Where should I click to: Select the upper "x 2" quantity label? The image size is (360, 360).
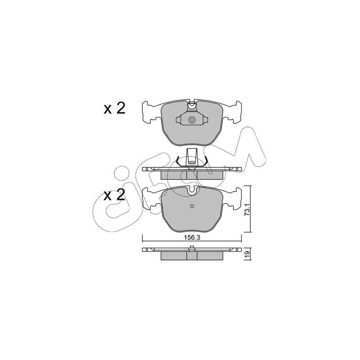tap(114, 108)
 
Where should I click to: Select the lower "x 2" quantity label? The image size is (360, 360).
tap(114, 195)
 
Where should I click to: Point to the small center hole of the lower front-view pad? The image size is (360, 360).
tap(192, 206)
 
